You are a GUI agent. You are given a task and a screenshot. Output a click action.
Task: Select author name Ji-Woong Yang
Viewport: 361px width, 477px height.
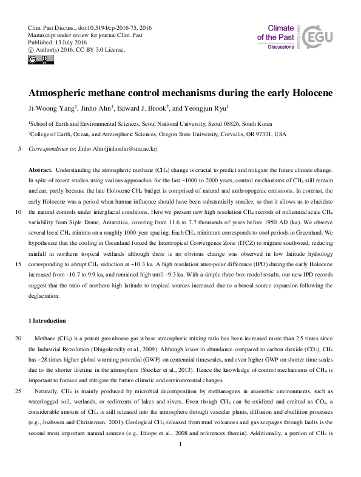[52, 109]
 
